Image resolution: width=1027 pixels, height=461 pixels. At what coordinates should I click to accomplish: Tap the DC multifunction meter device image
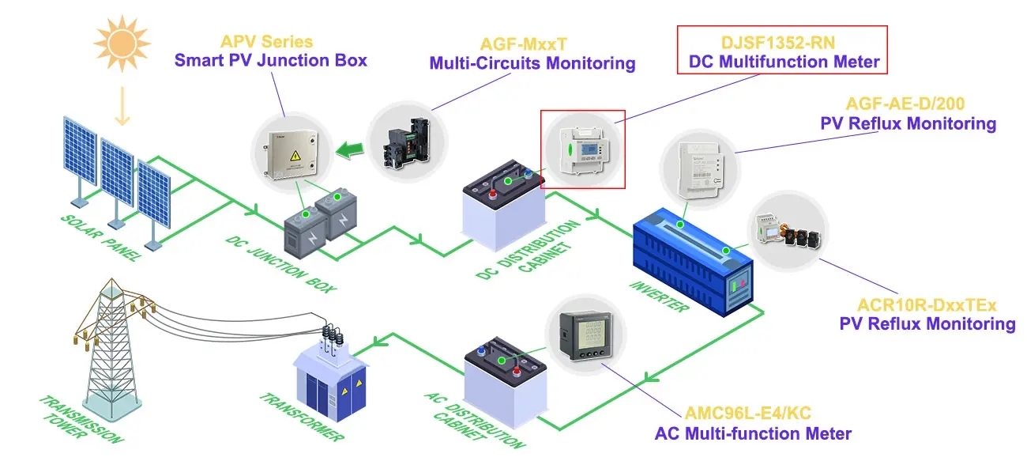tap(582, 148)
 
